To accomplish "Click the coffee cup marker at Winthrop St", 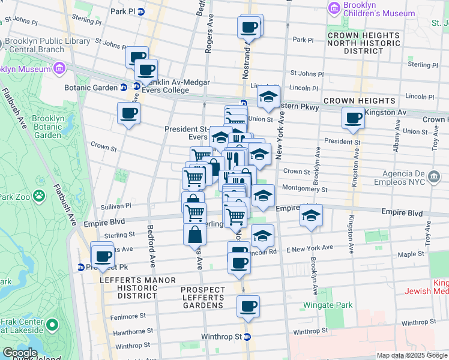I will (248, 307).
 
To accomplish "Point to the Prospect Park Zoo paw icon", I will (39, 196).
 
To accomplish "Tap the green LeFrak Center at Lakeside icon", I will (52, 325).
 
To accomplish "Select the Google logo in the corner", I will (19, 353).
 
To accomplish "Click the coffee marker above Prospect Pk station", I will (103, 254).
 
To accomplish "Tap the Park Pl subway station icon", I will (141, 11).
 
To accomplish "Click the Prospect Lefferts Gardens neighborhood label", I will (203, 298).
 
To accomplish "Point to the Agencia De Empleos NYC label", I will (412, 177).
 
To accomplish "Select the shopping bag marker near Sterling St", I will (195, 235).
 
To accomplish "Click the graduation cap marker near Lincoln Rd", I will (262, 236).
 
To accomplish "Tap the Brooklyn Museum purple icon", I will (59, 68).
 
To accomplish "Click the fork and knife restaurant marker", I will (234, 158).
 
